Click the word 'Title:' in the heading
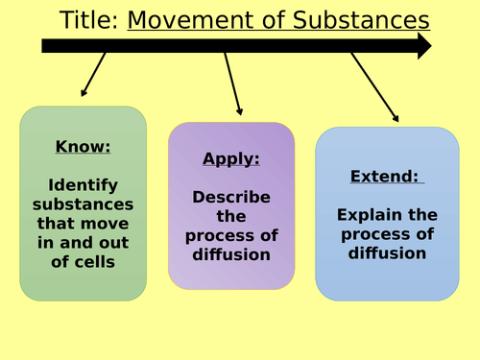[x=89, y=20]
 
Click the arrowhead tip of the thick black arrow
[x=428, y=45]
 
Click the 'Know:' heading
[x=84, y=147]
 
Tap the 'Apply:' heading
[x=231, y=158]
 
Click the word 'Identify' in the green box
[x=84, y=186]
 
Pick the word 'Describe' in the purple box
[x=231, y=197]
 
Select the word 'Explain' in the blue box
[x=387, y=215]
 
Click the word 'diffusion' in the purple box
[x=231, y=255]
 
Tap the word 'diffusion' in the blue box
[x=387, y=253]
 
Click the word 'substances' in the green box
[x=84, y=205]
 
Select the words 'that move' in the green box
[x=84, y=225]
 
